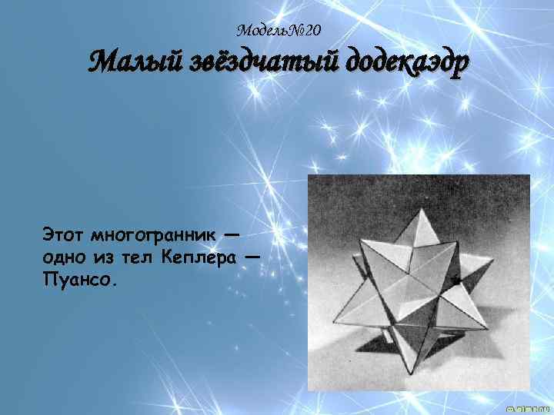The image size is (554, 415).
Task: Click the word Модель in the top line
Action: tap(261, 31)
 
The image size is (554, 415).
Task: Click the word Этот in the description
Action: tap(63, 231)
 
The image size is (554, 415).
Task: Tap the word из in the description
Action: tap(106, 256)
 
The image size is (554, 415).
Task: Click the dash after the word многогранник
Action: tap(232, 231)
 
